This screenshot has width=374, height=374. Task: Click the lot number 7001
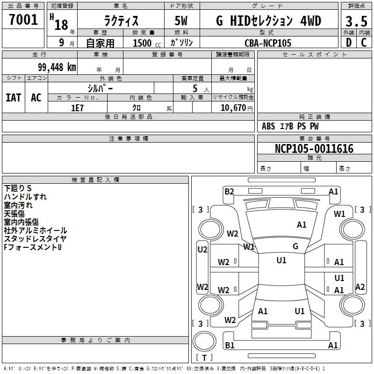(23, 20)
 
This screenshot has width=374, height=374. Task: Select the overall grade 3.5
(356, 22)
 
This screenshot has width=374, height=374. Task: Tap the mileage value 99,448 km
(57, 67)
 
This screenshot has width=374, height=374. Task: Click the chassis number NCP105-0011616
(314, 149)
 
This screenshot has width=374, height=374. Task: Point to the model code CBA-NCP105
(268, 43)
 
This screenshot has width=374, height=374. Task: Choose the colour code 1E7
(77, 108)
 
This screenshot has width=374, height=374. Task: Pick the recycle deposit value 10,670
(233, 108)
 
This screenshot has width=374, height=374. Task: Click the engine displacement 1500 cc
(147, 43)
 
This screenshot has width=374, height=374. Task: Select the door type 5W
(181, 21)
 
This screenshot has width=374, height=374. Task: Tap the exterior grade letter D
(349, 43)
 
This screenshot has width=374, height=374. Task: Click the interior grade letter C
(364, 43)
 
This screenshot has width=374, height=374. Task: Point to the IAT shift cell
(14, 98)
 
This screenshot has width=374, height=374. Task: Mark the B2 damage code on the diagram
(229, 192)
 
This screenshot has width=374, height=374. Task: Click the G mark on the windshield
(295, 246)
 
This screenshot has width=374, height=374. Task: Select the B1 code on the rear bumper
(230, 345)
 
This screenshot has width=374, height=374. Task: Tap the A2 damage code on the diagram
(360, 287)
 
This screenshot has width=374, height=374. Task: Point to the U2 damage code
(202, 250)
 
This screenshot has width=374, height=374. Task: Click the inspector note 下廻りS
(18, 188)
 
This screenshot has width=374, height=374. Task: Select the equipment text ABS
(268, 126)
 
